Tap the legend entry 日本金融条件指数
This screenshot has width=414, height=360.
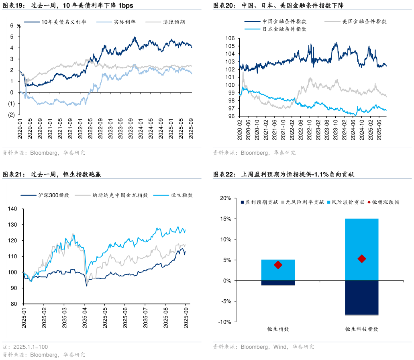[284, 29]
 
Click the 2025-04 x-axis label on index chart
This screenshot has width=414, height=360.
[85, 316]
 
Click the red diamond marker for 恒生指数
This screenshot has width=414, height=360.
[278, 265]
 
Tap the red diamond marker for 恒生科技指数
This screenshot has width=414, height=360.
[361, 259]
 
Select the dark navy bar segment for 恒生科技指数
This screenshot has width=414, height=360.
[361, 297]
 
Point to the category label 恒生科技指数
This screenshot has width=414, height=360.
[361, 329]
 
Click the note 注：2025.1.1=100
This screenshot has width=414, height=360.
[25, 347]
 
